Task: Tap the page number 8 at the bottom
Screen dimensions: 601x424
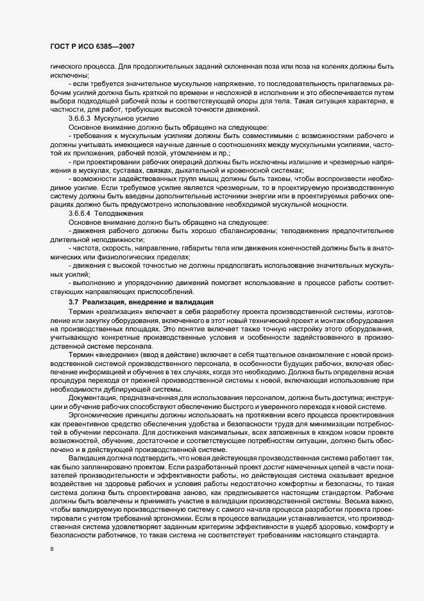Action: [x=51, y=550]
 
